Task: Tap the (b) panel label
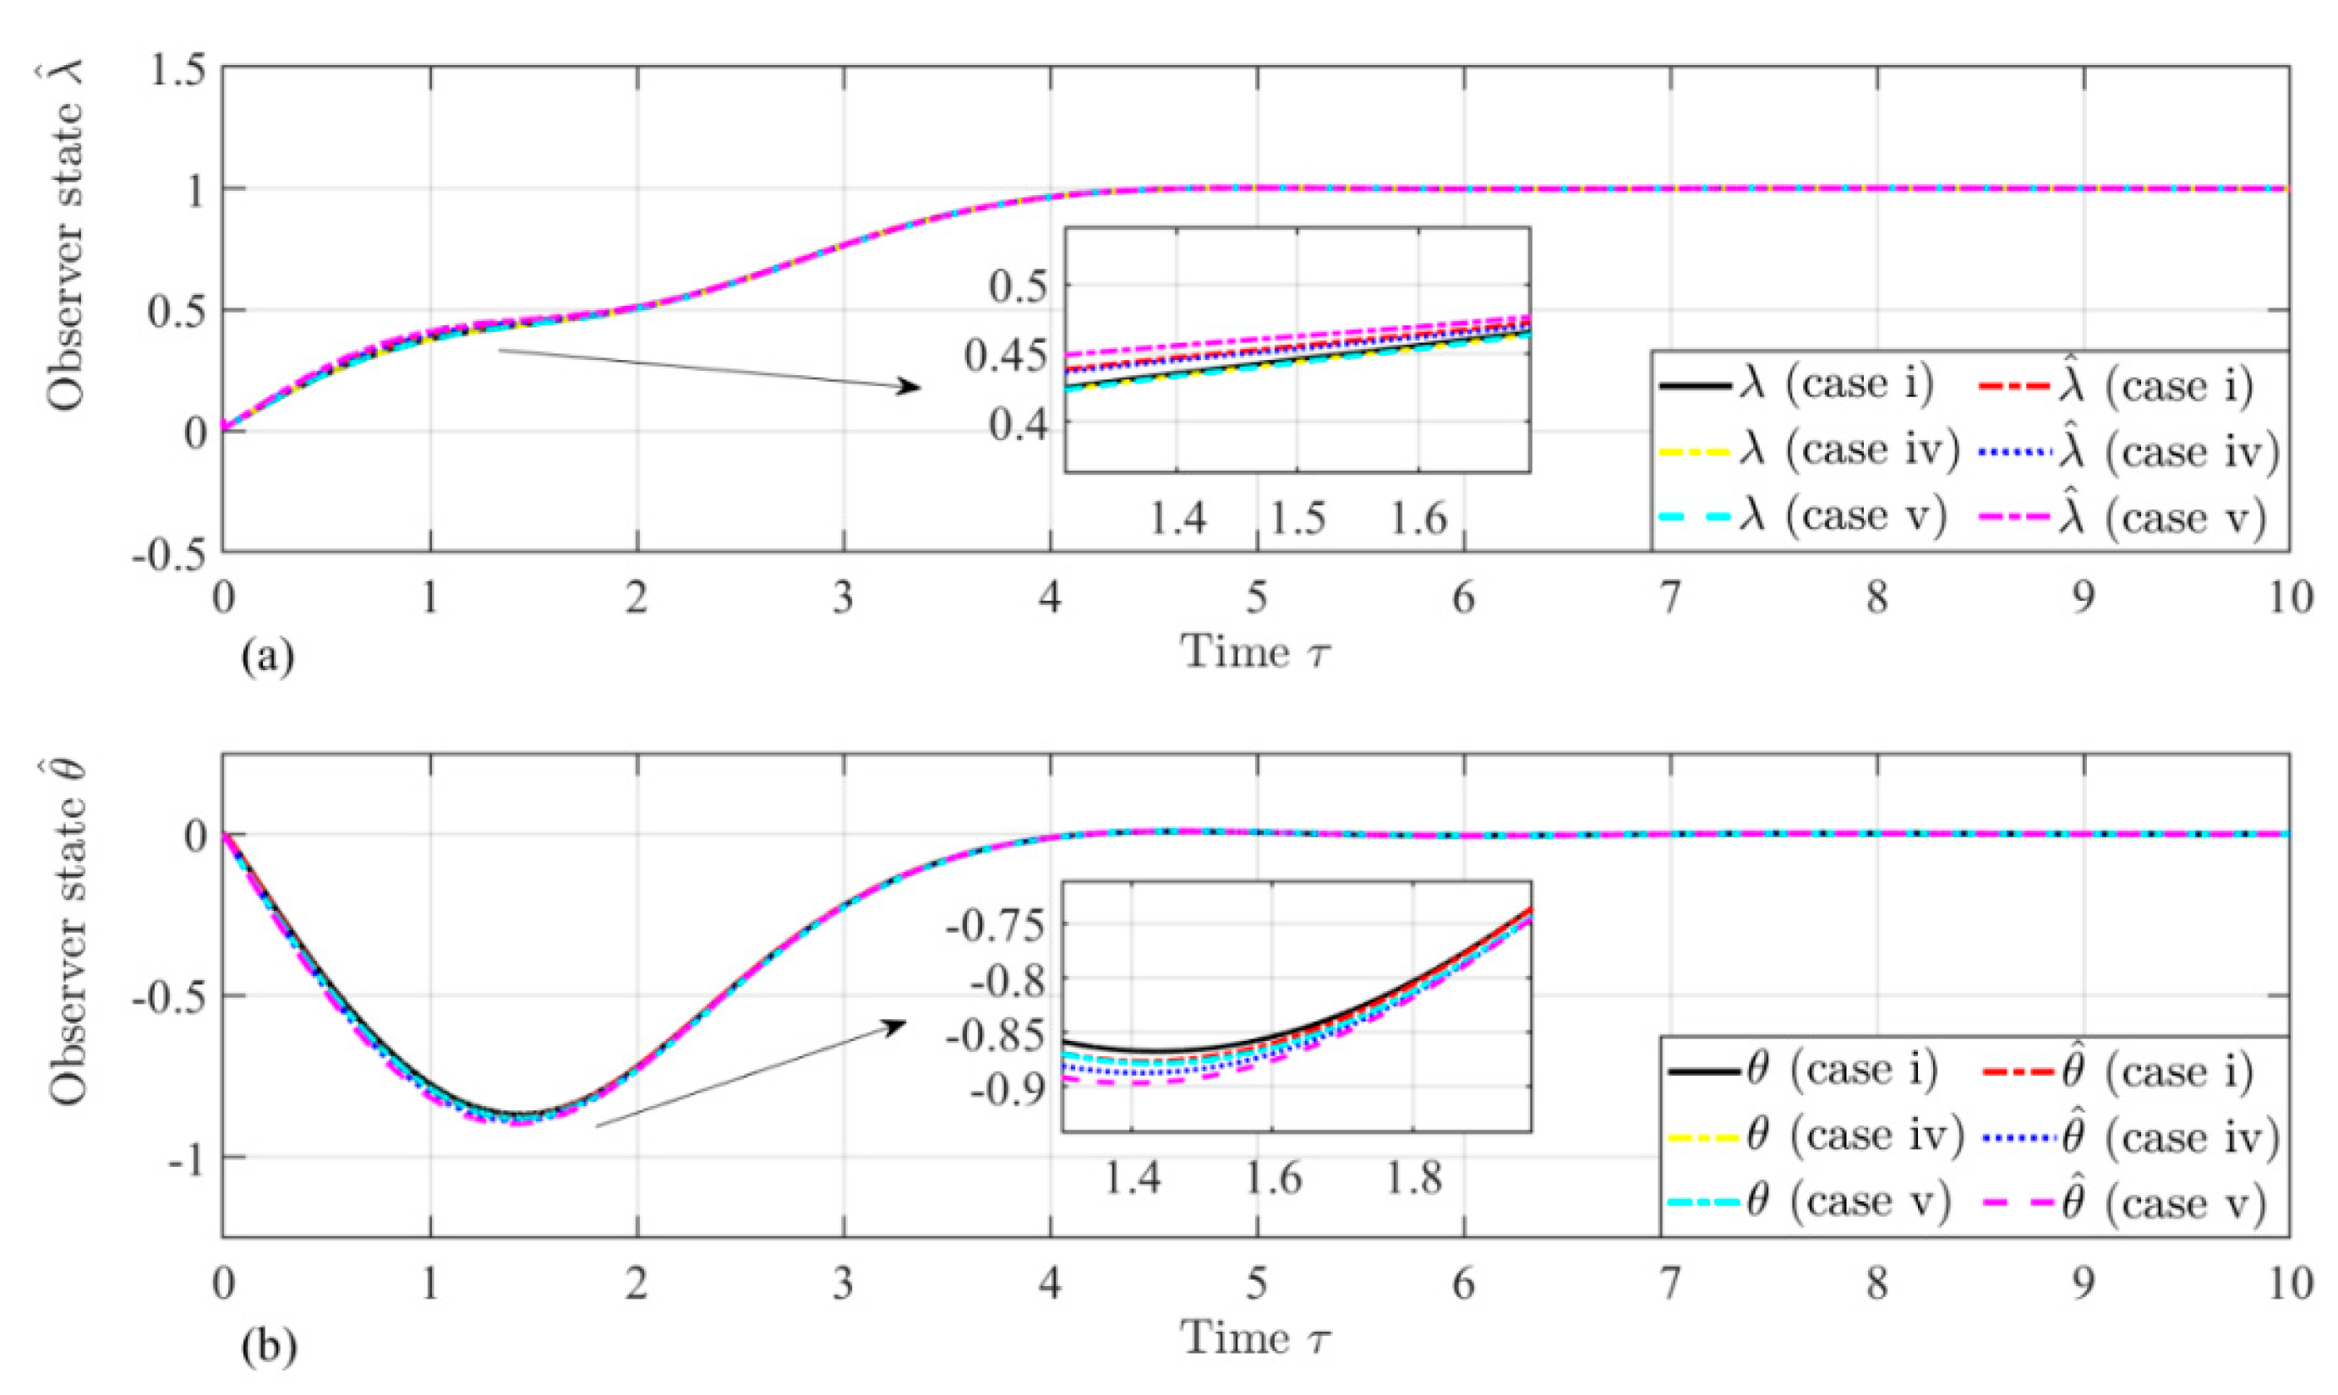click(268, 1346)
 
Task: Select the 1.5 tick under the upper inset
click(1298, 518)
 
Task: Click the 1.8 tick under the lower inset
click(1414, 1177)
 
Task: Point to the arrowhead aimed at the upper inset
click(910, 386)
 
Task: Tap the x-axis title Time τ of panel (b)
click(1256, 1338)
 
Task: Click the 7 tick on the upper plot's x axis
click(1669, 600)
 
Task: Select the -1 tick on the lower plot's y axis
click(188, 1158)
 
